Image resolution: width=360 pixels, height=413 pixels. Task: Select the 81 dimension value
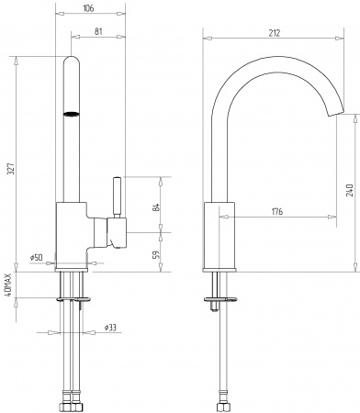point(98,33)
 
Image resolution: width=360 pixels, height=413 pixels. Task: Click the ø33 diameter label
point(108,328)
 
